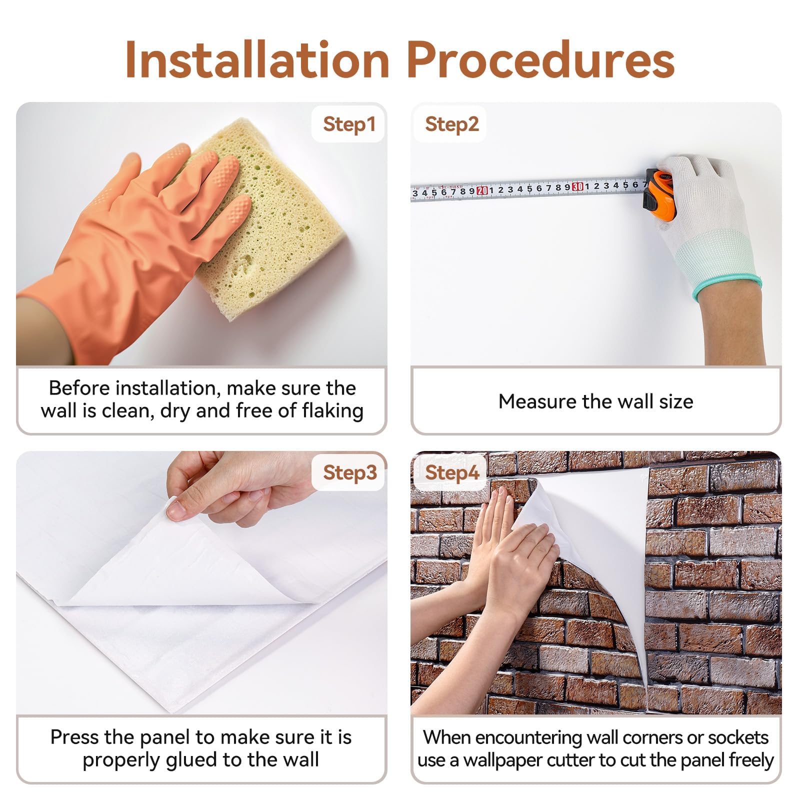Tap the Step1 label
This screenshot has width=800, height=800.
pos(349,124)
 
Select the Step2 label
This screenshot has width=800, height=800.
pos(452,124)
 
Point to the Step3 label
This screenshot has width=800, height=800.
pos(349,472)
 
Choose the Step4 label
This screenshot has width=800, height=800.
pos(452,472)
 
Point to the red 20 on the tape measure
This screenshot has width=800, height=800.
pos(482,190)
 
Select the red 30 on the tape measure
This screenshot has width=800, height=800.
pos(577,187)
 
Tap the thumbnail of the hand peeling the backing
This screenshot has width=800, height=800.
pos(176,510)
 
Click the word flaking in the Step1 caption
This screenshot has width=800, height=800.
pos(332,410)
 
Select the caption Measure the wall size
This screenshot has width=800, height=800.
pos(595,401)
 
